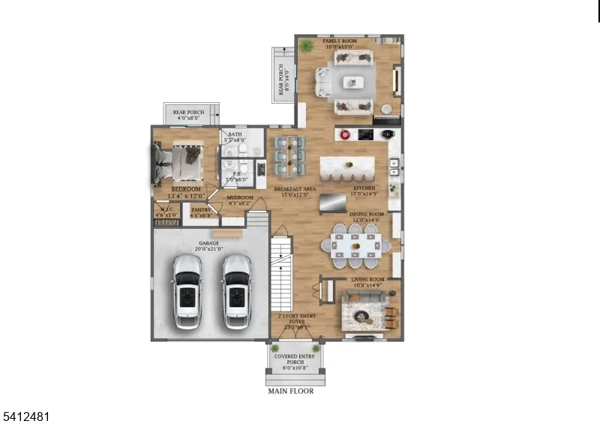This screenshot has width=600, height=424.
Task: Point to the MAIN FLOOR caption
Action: pyautogui.click(x=291, y=391)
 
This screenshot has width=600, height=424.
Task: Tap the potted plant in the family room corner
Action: pyautogui.click(x=306, y=47)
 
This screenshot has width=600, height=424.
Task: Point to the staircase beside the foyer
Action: pyautogui.click(x=281, y=270)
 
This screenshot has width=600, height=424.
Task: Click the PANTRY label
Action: pyautogui.click(x=201, y=210)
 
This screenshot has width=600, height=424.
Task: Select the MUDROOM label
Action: pyautogui.click(x=240, y=199)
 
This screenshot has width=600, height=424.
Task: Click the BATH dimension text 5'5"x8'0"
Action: pyautogui.click(x=235, y=140)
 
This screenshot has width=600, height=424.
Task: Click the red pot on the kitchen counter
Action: pyautogui.click(x=346, y=135)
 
